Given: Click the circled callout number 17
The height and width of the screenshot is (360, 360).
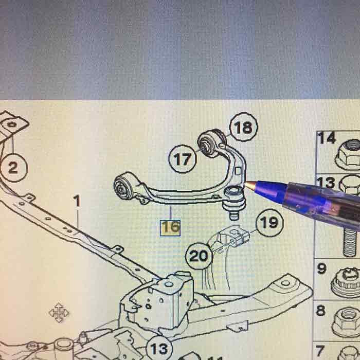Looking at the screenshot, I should (x=183, y=159).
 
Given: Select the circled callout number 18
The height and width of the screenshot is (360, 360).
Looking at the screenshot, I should (x=243, y=127).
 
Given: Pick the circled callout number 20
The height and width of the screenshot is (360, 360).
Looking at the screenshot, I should (x=199, y=255).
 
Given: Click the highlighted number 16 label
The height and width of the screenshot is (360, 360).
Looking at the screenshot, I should (x=170, y=227).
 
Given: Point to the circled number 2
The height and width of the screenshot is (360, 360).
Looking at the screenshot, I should (x=13, y=168).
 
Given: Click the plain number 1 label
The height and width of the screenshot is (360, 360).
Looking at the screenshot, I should (x=77, y=201).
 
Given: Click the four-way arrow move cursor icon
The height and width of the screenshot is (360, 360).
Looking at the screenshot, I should (x=58, y=313).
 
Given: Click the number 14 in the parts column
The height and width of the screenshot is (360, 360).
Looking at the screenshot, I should (x=326, y=138).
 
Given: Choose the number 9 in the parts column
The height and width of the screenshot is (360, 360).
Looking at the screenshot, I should (x=322, y=268).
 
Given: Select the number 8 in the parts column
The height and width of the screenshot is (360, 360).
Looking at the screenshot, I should (x=321, y=311).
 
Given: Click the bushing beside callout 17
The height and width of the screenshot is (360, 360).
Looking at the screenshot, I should (x=211, y=141).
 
